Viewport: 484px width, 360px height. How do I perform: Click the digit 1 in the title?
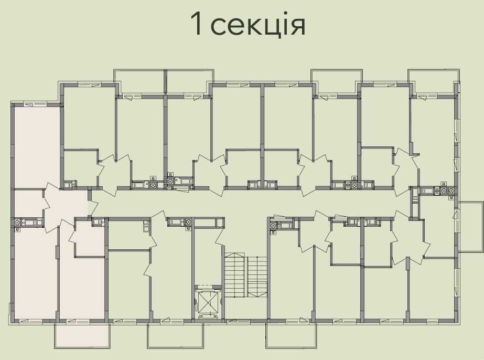click(x=196, y=24)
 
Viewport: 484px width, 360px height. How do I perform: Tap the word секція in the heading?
click(x=259, y=25)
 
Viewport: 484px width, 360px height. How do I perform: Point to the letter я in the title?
click(x=297, y=27)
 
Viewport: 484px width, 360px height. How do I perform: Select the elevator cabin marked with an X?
click(x=208, y=301)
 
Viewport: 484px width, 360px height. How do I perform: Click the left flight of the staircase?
click(x=235, y=275)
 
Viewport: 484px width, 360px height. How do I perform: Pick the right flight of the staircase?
click(x=257, y=277)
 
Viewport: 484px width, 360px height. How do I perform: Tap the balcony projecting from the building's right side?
click(x=471, y=227)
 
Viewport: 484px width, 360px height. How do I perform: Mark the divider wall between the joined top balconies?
click(x=166, y=82)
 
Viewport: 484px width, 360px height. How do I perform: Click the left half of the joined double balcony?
click(x=139, y=81)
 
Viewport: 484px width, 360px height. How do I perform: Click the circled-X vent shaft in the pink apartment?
click(x=17, y=222)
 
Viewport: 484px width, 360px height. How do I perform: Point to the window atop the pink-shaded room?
click(x=35, y=104)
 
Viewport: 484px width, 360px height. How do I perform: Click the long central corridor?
click(x=247, y=203)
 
